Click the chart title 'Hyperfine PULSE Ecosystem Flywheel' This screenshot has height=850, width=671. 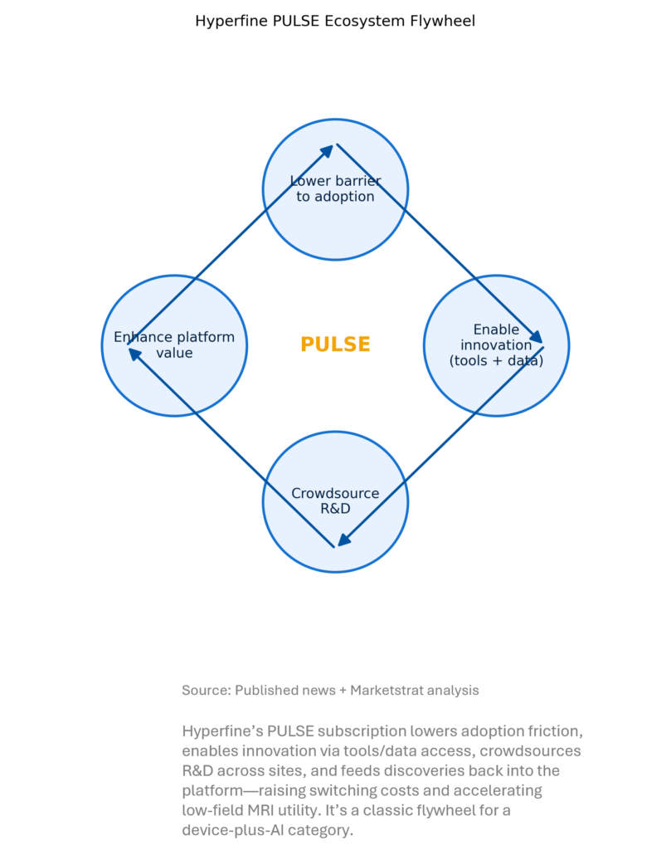coord(335,21)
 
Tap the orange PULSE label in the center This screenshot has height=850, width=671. coord(335,344)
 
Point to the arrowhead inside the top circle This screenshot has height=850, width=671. coord(328,150)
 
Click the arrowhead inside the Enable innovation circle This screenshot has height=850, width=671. coord(537,337)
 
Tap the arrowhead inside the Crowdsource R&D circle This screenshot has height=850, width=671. coord(343,540)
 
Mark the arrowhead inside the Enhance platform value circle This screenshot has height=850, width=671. coord(134,353)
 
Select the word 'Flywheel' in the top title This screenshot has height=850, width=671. coord(445,21)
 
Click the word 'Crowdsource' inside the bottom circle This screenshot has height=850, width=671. coord(335,494)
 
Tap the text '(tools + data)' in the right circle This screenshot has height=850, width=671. coord(496,360)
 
